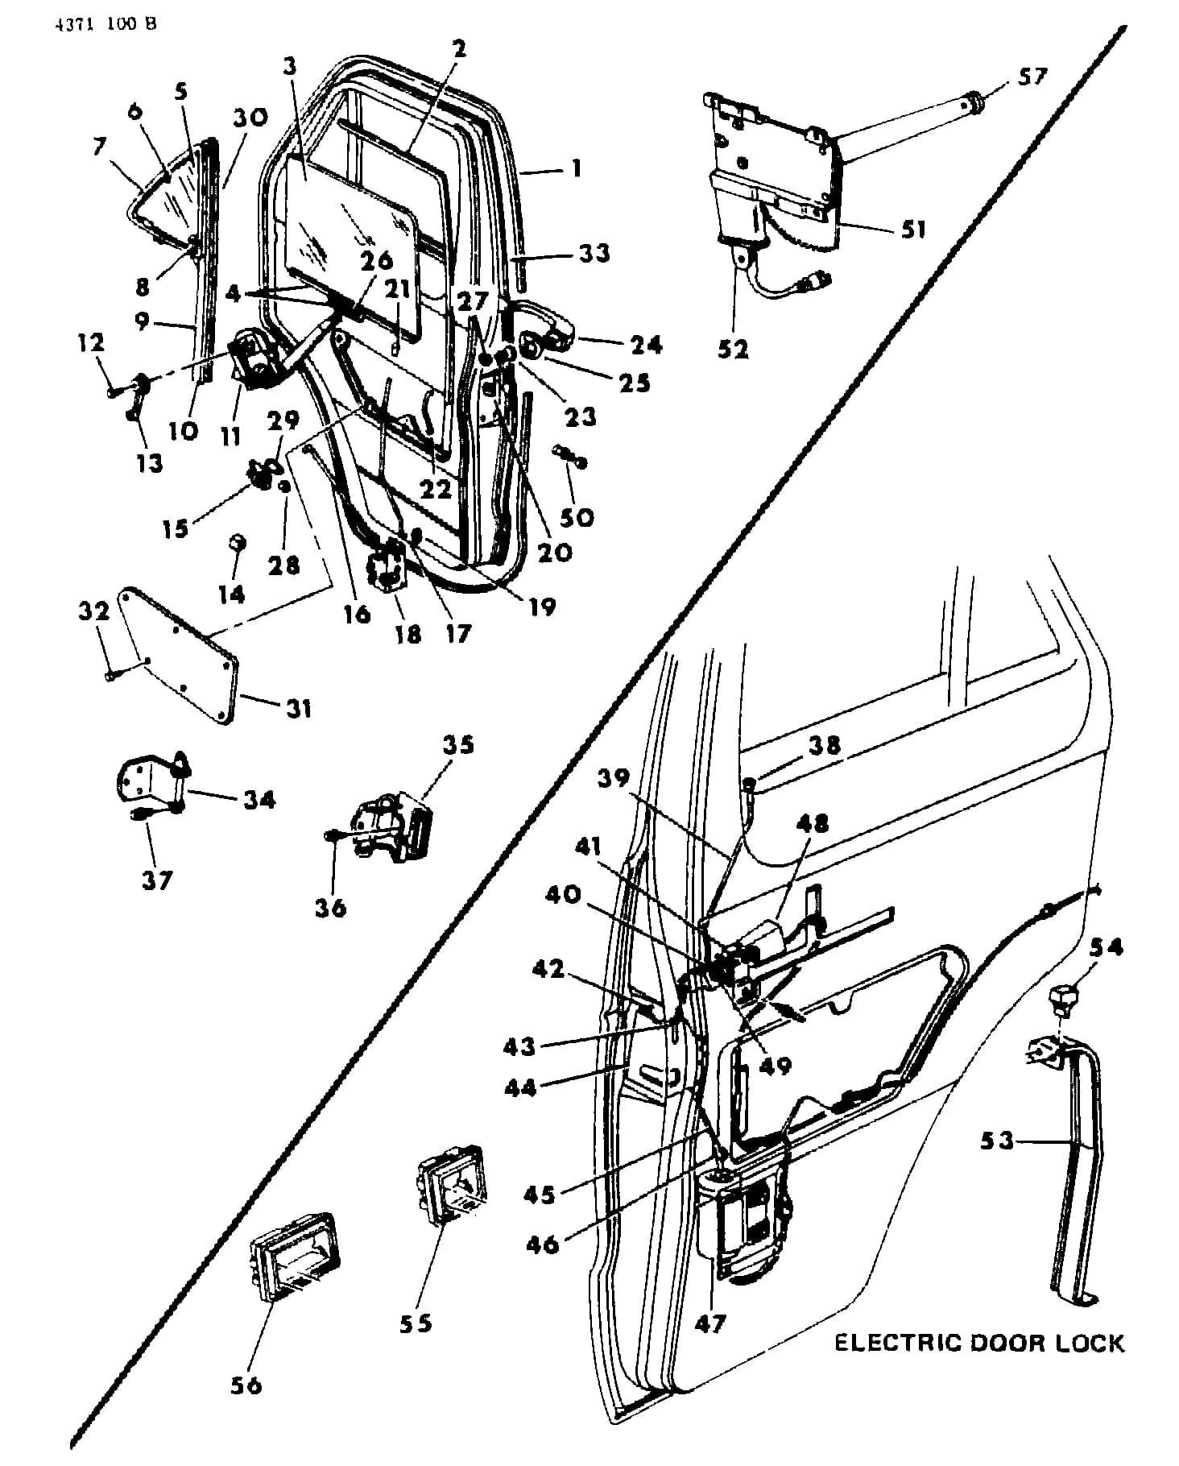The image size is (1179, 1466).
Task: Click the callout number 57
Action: (1031, 77)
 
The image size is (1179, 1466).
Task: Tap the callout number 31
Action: (297, 708)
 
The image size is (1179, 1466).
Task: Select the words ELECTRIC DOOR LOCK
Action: (978, 1343)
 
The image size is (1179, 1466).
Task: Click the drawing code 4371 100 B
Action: (105, 24)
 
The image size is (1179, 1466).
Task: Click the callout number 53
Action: (997, 1141)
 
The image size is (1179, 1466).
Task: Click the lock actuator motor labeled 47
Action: (745, 1216)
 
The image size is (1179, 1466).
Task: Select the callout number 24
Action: (647, 344)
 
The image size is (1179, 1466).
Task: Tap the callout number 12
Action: (92, 342)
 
